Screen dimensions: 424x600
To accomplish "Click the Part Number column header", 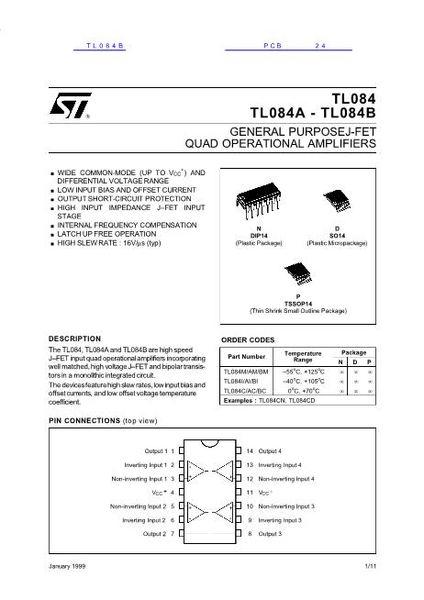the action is pyautogui.click(x=247, y=356).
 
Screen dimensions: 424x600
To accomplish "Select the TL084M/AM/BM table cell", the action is pyautogui.click(x=247, y=372).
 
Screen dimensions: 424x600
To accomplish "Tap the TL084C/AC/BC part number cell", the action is pyautogui.click(x=247, y=391).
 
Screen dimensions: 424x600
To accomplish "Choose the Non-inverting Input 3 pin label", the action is pyautogui.click(x=287, y=506).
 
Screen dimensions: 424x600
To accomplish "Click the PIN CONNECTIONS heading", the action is pyautogui.click(x=91, y=420).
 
